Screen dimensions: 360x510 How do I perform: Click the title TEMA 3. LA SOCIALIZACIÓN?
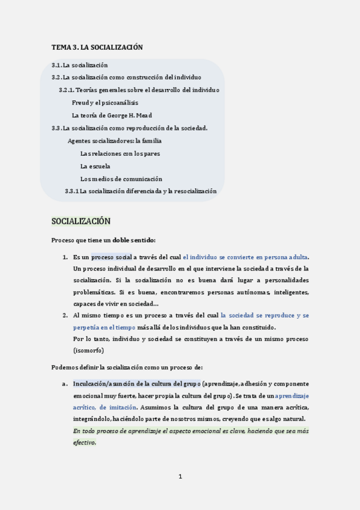(x=97, y=47)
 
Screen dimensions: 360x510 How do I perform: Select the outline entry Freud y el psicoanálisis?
(x=105, y=103)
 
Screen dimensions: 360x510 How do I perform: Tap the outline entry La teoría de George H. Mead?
(x=111, y=115)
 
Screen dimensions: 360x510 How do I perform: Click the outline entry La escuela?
(x=95, y=166)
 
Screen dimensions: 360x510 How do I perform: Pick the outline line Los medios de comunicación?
(x=121, y=179)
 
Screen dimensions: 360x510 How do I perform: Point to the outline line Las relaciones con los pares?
(x=120, y=153)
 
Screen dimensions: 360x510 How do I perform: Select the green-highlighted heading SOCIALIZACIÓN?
(x=81, y=221)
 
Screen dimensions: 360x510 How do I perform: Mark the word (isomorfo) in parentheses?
(x=88, y=350)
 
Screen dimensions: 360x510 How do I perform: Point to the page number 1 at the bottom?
(x=180, y=477)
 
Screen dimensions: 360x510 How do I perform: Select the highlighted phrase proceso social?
(x=111, y=257)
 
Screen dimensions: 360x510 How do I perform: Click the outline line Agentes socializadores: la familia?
(x=114, y=141)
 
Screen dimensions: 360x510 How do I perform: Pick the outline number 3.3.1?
(x=72, y=191)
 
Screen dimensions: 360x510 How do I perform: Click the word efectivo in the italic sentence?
(x=84, y=442)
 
